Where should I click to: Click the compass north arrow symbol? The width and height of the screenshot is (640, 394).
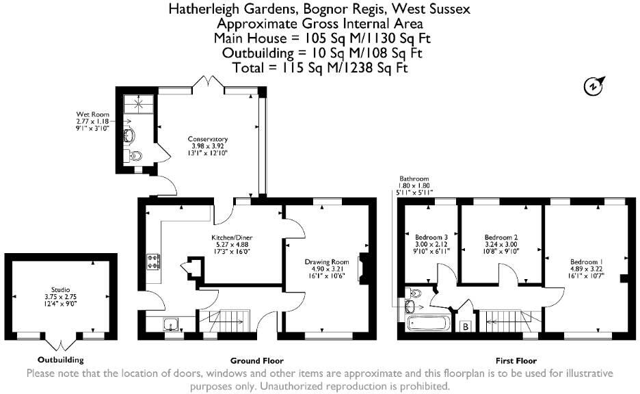point(592,86)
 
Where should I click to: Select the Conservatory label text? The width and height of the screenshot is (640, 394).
point(207,140)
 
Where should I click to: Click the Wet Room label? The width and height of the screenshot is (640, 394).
point(88,114)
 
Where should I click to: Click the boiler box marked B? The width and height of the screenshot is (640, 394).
point(466,326)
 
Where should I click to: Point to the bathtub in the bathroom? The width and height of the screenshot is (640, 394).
point(428,324)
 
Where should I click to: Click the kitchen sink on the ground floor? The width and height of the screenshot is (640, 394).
point(171,325)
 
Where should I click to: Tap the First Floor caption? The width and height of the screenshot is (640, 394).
point(516,360)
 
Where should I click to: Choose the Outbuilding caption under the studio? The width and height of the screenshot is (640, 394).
point(61,360)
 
